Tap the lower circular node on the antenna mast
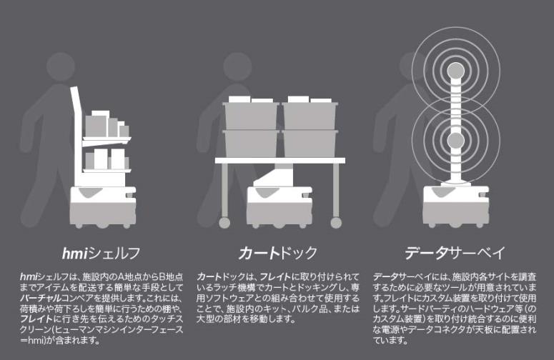tap(455, 138)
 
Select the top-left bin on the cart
tap(249, 114)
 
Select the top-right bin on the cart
tap(310, 114)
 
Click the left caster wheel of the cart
tap(224, 223)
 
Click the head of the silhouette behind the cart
tap(234, 64)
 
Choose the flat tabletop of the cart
tap(280, 161)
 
